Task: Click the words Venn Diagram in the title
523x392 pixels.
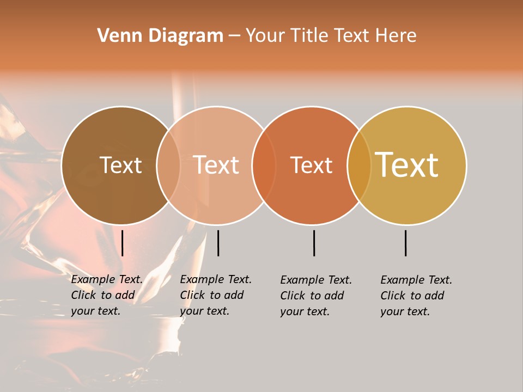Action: (160, 36)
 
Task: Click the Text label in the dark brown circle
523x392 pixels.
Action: (120, 165)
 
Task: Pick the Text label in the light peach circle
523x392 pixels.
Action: (216, 165)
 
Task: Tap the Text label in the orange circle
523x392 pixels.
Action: (311, 165)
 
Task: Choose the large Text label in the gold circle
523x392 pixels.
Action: (407, 165)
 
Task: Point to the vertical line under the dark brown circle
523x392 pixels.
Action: (123, 243)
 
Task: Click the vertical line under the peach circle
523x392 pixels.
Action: (218, 243)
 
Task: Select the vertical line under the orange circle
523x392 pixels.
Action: (314, 243)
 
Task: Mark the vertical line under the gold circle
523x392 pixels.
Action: (406, 243)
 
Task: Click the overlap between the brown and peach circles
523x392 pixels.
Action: (168, 165)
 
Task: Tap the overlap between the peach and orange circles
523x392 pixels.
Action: (264, 165)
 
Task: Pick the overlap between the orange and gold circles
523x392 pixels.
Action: (359, 165)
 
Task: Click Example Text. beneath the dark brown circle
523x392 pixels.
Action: (107, 279)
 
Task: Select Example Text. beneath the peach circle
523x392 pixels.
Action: (216, 279)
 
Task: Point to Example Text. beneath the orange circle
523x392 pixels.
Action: (316, 280)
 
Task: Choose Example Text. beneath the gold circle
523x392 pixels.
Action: (416, 280)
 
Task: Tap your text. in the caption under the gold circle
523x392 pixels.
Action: (405, 311)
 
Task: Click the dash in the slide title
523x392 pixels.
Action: (234, 36)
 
